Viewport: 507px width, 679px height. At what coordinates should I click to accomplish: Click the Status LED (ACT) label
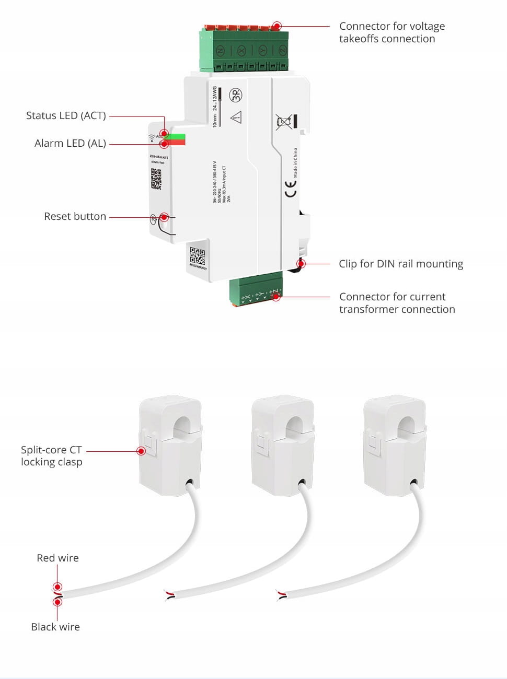[66, 115]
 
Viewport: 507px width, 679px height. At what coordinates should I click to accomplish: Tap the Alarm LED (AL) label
[70, 143]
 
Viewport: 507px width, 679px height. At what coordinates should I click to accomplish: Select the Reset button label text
[75, 216]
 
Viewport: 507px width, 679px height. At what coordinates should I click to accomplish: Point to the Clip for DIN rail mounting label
[400, 264]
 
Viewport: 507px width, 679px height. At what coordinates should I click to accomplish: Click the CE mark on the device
[290, 189]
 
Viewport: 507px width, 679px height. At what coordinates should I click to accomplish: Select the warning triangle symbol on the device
[236, 117]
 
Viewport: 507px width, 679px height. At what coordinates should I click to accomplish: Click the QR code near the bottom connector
[197, 256]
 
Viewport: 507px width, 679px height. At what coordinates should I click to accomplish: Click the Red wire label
[57, 558]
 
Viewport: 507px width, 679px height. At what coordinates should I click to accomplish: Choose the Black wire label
[55, 627]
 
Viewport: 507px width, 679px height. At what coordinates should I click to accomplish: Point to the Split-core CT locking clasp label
[51, 455]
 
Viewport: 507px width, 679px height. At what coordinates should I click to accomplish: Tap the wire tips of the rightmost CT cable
[281, 594]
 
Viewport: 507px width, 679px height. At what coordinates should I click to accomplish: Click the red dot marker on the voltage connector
[277, 26]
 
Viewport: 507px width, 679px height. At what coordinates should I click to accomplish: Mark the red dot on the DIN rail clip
[301, 263]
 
